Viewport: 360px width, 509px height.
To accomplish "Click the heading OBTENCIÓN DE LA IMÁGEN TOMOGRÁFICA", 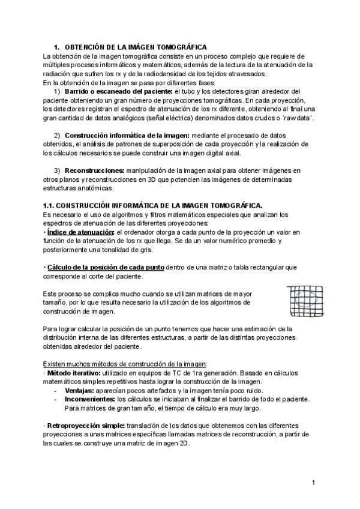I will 135,47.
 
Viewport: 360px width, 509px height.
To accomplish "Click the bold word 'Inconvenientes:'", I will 91,399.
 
